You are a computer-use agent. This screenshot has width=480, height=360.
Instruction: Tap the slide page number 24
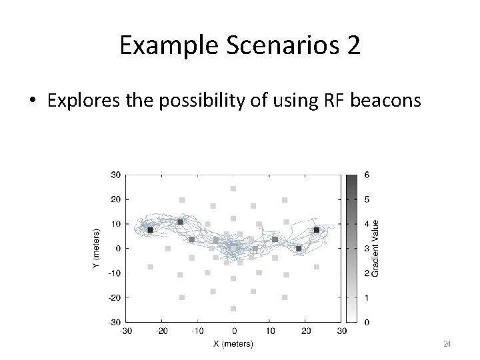click(447, 343)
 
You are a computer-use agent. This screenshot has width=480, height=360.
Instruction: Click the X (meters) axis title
click(233, 343)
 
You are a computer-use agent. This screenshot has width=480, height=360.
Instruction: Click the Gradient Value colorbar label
click(375, 248)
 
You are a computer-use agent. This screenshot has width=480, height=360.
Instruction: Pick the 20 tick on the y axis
click(115, 199)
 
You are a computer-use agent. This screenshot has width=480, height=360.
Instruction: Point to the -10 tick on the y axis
click(114, 273)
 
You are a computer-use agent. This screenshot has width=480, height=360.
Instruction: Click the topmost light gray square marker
click(233, 189)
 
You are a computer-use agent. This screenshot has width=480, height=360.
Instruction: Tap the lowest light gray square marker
click(233, 309)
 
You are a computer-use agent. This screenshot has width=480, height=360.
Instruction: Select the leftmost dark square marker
click(150, 230)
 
